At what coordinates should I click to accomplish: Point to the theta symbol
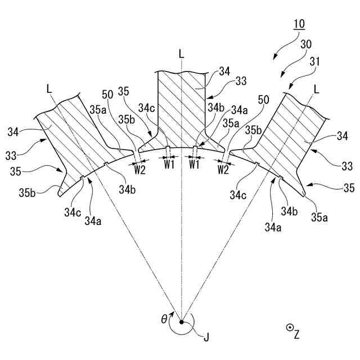[x=164, y=319]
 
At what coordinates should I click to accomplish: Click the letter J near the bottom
[x=206, y=337]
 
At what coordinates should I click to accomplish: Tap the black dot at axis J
[x=182, y=322]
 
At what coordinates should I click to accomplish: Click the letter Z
[x=296, y=334]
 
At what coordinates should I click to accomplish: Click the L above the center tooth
[x=181, y=54]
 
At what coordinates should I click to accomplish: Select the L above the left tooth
[x=49, y=88]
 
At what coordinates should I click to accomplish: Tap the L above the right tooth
[x=317, y=89]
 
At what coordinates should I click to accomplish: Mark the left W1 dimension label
[x=169, y=164]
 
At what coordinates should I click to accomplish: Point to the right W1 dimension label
[x=194, y=164]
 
